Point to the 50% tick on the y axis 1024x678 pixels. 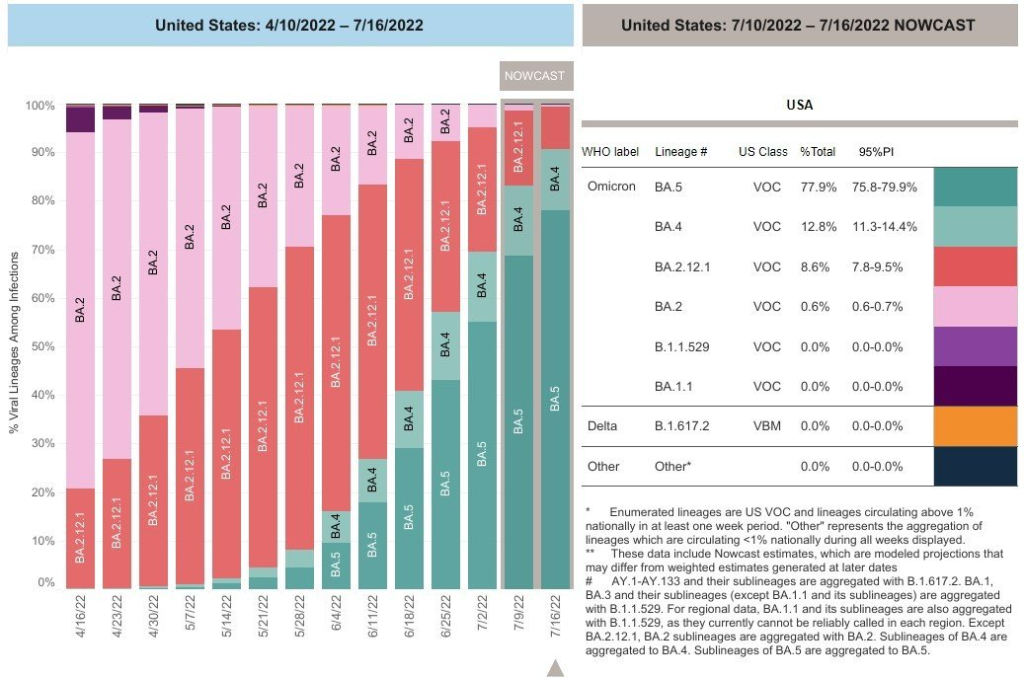[40, 346]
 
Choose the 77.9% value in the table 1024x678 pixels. [818, 187]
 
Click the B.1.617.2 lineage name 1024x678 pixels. [682, 426]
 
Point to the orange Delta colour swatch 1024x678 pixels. [974, 426]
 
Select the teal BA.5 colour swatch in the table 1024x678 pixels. [974, 187]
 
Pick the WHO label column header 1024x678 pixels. [610, 153]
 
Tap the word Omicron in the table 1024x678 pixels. [611, 187]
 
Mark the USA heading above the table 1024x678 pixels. [799, 105]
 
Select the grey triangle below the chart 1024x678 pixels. [556, 668]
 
